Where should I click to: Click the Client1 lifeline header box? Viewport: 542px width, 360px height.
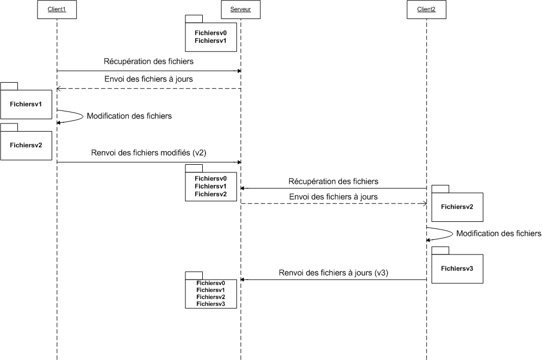coord(57,10)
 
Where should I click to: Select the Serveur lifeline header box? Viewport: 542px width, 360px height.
coord(240,10)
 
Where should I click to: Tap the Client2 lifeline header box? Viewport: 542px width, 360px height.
coord(426,10)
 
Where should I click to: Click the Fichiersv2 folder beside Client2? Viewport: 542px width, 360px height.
coord(457,206)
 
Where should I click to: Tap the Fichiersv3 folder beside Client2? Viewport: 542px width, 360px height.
coord(457,268)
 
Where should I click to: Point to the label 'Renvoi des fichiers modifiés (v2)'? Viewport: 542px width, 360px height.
coord(148,153)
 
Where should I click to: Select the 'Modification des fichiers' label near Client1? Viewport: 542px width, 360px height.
coord(129,116)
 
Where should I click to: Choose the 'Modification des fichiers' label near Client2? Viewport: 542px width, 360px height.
coord(499,234)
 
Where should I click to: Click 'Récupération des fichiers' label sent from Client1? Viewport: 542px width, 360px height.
coord(148,61)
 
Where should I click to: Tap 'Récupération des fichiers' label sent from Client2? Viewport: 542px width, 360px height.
coord(333,181)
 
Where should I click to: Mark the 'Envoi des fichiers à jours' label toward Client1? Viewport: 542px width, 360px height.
coord(148,79)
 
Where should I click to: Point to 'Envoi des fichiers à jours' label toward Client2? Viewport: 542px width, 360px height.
coord(333,196)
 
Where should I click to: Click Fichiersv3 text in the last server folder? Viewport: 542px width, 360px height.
coord(211,304)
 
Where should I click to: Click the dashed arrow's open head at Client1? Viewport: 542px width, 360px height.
coord(59,89)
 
